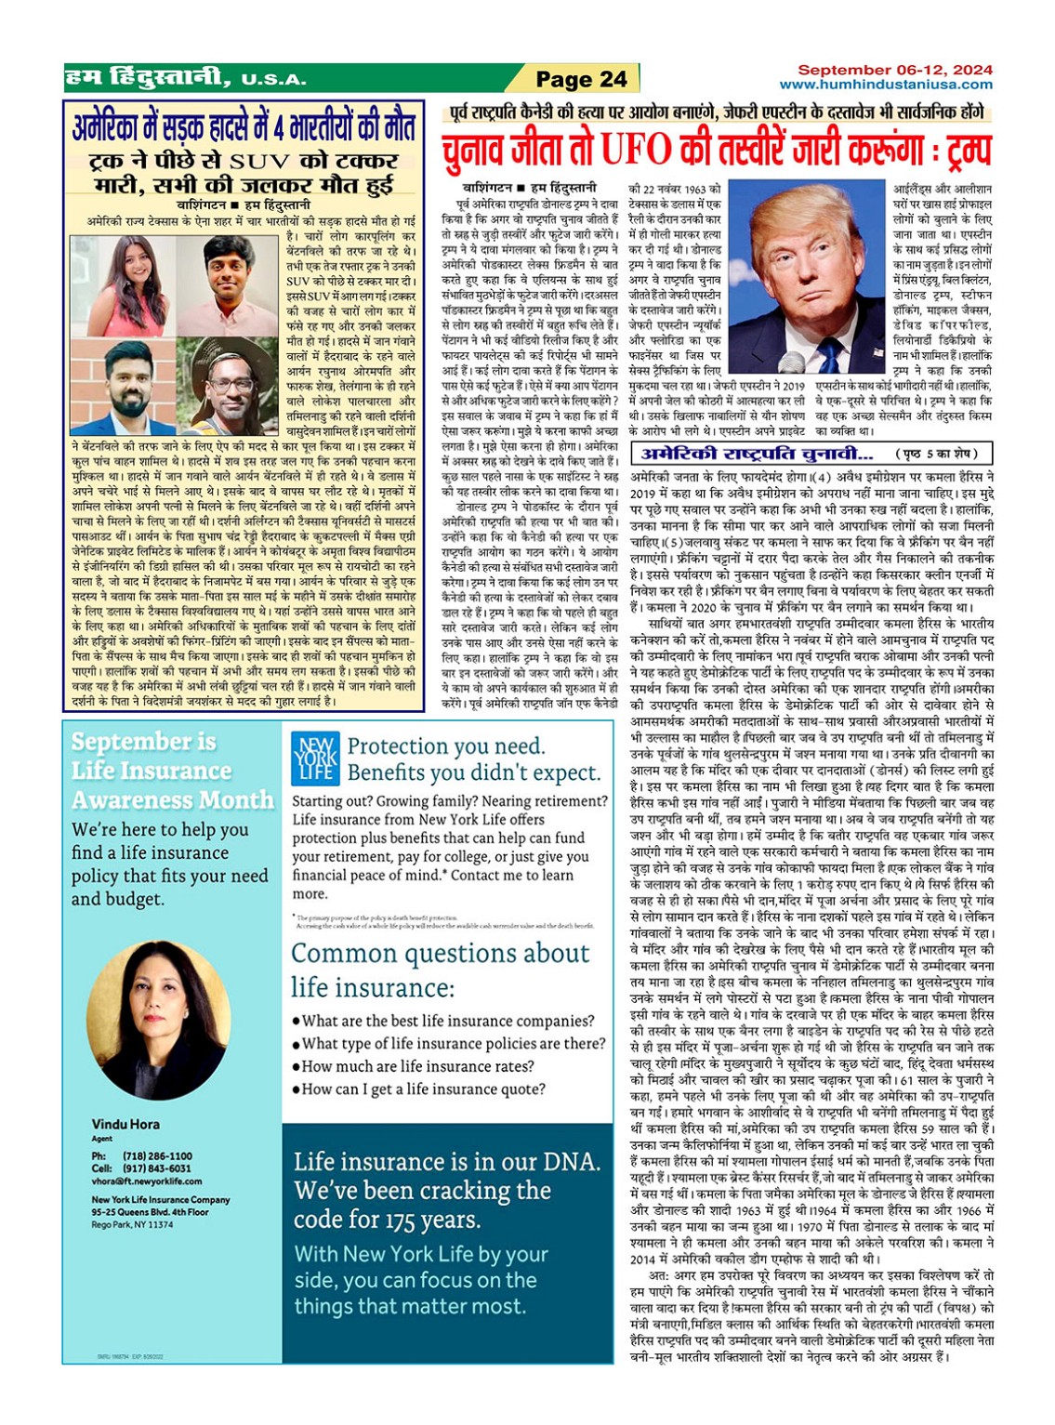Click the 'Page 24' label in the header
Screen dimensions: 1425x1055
click(x=582, y=80)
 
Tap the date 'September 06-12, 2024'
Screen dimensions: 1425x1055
click(x=895, y=70)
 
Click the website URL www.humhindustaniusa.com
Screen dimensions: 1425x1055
click(x=886, y=85)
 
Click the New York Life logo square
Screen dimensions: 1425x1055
click(x=315, y=759)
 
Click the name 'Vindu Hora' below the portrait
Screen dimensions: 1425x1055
click(x=125, y=1124)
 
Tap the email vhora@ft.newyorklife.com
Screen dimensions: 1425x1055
click(x=147, y=1181)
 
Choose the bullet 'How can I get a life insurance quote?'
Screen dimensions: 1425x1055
click(x=423, y=1089)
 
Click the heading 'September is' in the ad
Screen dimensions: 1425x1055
click(x=144, y=742)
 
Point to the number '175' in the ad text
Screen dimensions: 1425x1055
click(x=391, y=1220)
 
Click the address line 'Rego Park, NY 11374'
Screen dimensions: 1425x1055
click(x=132, y=1225)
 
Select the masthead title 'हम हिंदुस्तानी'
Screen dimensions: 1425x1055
click(x=146, y=78)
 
